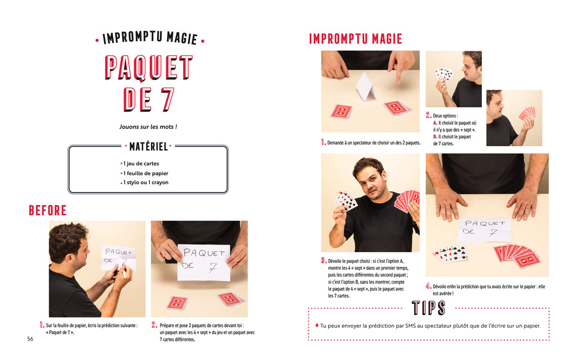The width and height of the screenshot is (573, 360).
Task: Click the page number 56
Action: point(30,339)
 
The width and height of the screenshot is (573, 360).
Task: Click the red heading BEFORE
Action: point(48,211)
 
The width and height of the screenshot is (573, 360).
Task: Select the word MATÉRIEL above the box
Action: point(149,147)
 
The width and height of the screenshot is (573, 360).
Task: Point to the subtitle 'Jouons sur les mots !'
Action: point(148,127)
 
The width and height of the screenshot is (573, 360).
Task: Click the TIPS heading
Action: point(428,307)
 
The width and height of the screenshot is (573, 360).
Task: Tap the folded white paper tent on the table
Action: point(366,86)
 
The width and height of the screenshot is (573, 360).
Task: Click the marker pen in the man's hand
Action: point(124,274)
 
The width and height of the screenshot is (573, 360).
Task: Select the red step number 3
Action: point(324,261)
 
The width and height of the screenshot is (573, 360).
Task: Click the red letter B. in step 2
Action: point(435,137)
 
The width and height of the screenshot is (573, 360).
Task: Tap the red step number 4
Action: point(428,286)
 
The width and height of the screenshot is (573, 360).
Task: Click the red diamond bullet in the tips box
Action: point(317,325)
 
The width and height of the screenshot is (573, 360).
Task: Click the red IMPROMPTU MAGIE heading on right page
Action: point(356,39)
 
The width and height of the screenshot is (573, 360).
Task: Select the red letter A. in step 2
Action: point(435,123)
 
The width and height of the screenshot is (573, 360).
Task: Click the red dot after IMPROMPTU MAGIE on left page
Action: point(202,41)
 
